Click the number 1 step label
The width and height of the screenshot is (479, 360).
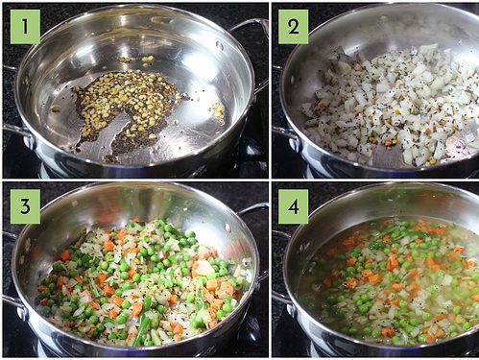(25, 27)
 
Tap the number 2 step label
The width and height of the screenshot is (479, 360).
(293, 27)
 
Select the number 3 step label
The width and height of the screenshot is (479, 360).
(25, 206)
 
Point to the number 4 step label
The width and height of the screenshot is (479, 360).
(293, 206)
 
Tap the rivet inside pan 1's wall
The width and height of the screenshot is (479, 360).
(220, 45)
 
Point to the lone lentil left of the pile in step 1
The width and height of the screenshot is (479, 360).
(56, 109)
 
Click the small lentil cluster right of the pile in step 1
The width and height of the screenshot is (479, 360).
(218, 112)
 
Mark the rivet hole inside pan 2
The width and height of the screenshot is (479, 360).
(382, 17)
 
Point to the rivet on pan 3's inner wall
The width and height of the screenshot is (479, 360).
(228, 228)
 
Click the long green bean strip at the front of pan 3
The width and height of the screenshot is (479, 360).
(142, 320)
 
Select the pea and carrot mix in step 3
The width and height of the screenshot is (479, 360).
(141, 281)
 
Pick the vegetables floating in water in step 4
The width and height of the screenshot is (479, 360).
(391, 281)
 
